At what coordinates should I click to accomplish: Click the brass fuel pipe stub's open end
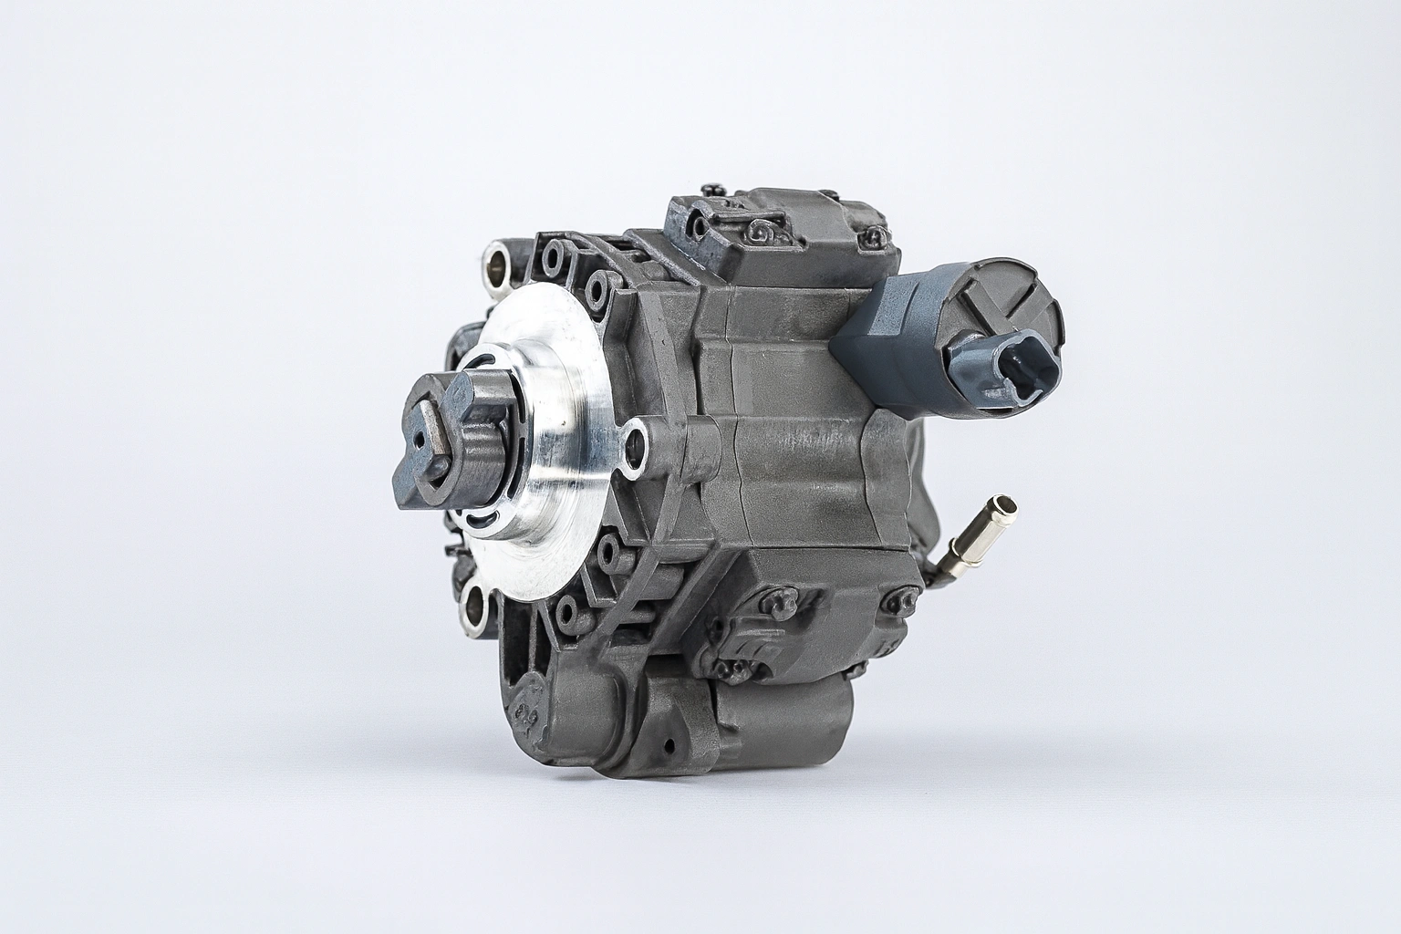tap(1007, 503)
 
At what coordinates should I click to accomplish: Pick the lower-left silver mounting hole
tap(476, 607)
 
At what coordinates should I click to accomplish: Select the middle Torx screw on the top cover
tap(759, 235)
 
